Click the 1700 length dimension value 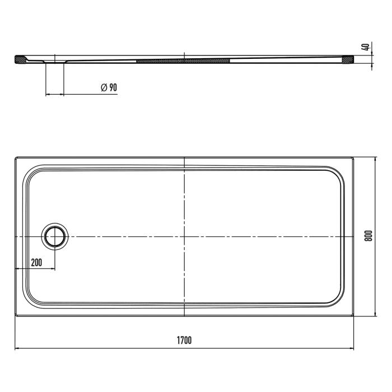184,340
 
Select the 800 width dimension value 368,236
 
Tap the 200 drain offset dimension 36,262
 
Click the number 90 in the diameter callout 113,87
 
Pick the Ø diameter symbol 104,87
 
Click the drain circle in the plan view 55,237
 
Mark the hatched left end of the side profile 20,59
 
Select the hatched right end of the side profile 348,59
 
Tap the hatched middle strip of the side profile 184,59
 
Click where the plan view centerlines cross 184,237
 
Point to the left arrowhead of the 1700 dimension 17,349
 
